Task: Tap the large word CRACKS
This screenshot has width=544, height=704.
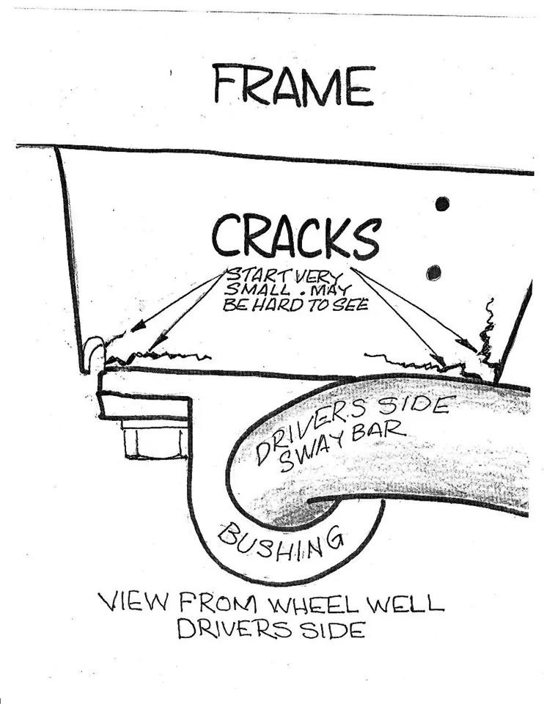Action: tap(295, 237)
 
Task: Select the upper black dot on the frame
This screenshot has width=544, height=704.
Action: tap(442, 204)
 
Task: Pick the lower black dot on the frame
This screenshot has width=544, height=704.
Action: tap(434, 273)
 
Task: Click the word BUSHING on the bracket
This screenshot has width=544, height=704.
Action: tap(281, 545)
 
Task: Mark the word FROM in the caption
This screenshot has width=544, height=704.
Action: tap(207, 605)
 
